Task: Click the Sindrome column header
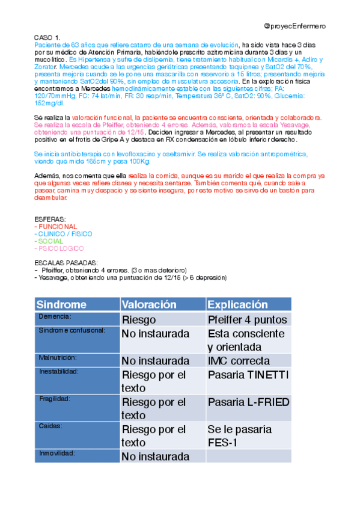(x=61, y=304)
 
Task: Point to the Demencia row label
(x=55, y=316)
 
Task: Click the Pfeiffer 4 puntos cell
(x=247, y=319)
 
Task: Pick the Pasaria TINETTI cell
(x=248, y=375)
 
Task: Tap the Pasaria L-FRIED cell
(x=248, y=402)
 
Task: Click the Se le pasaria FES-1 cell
(x=239, y=436)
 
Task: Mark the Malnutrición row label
(x=58, y=357)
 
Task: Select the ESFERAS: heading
(x=51, y=220)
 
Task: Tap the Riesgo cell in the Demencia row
(x=138, y=319)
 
